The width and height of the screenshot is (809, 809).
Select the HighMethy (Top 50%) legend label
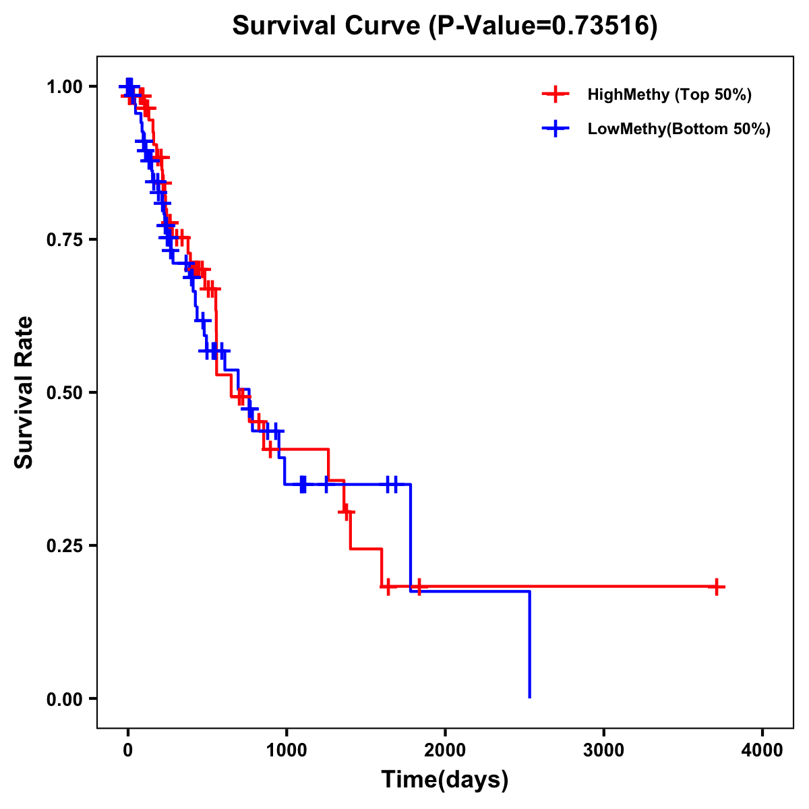coord(669,94)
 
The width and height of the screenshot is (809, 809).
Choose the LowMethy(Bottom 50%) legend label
coord(679,129)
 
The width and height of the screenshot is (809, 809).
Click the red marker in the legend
coord(556,94)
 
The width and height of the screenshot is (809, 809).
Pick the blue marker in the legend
coord(556,129)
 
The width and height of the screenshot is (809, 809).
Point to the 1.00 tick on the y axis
coord(65,87)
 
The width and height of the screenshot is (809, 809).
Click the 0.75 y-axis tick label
coord(65,239)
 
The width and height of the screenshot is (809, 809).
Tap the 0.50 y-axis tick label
coord(65,392)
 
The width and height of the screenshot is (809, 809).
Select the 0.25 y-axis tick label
coord(65,545)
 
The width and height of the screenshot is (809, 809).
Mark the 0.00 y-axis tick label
coord(65,698)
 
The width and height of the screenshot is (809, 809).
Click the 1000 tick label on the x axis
coord(287,750)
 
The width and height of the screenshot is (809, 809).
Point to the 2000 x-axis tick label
coord(445,750)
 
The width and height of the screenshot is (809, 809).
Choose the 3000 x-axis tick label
coord(603,750)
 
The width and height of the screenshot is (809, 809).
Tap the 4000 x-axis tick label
coord(762,750)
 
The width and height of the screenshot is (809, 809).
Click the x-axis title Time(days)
coord(445,780)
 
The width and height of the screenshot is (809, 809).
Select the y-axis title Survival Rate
coord(24,392)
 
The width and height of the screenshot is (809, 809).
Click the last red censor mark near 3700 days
coord(716,587)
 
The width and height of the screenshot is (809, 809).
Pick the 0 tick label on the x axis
coord(127,750)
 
